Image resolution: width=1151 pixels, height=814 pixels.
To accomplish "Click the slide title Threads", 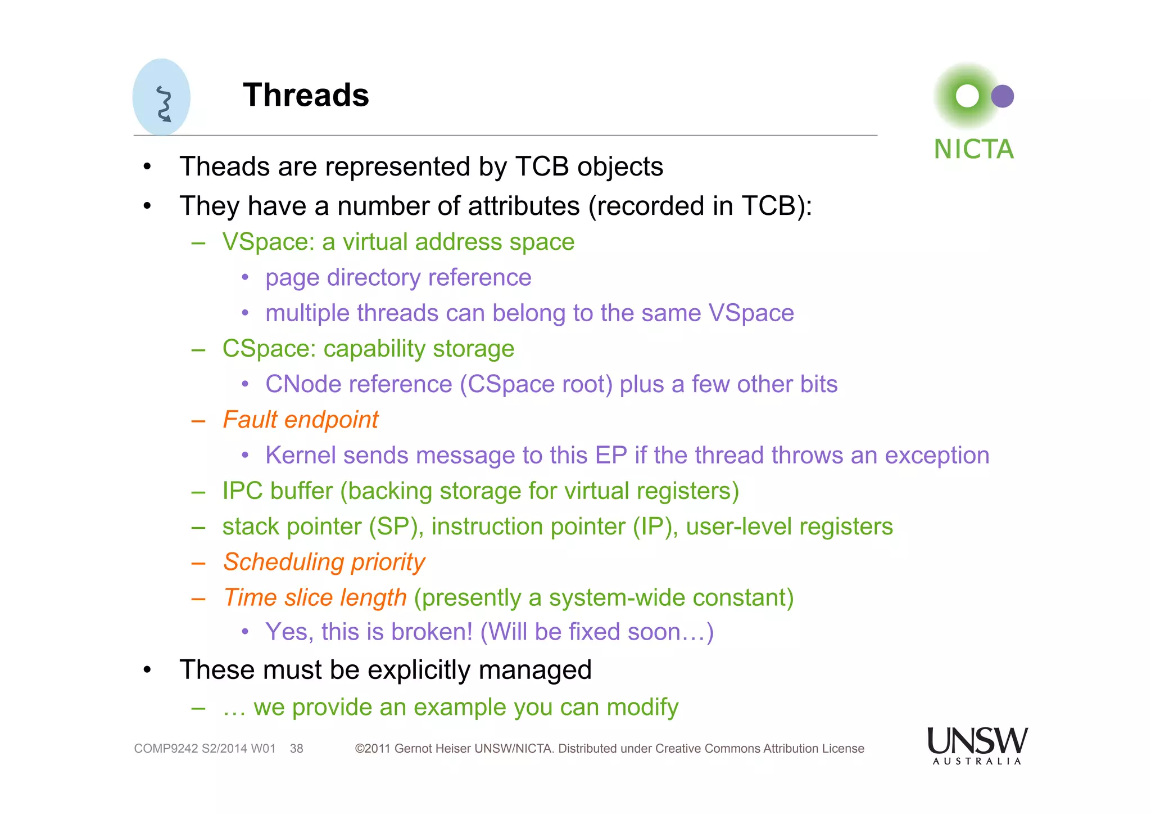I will click(x=306, y=95).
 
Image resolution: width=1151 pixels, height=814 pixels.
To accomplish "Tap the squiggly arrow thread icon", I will click(x=164, y=104).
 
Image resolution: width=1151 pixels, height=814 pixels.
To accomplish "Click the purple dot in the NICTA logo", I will click(x=1002, y=96).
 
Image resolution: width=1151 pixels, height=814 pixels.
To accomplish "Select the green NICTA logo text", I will click(x=973, y=150).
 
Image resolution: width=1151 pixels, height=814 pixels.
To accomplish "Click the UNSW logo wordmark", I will click(x=977, y=741).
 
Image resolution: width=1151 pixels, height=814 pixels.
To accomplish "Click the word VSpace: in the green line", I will click(x=268, y=242).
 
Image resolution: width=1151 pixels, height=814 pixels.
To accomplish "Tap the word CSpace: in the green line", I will click(x=269, y=349).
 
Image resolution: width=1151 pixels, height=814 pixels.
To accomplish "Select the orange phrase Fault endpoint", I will click(x=301, y=420).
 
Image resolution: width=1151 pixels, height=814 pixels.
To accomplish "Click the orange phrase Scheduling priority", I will click(x=324, y=562).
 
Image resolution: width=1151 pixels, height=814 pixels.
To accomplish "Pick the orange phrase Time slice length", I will click(x=315, y=597).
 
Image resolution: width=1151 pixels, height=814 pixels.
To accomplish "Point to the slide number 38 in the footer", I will click(x=296, y=749).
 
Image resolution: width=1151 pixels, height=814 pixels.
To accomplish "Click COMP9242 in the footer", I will click(x=166, y=749).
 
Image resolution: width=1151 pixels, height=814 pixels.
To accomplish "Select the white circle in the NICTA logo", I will click(x=967, y=96).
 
